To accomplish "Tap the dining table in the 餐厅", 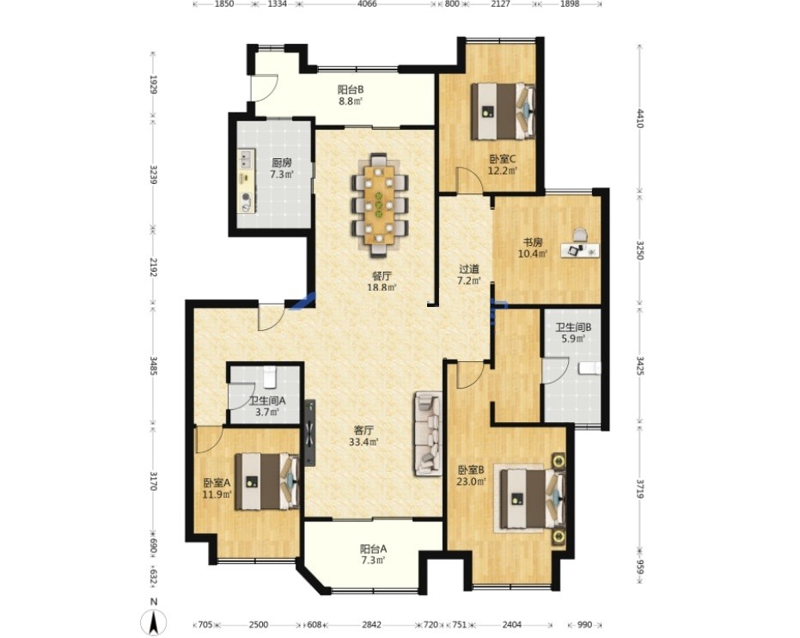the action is pos(379,205).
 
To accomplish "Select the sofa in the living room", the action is pos(428,433).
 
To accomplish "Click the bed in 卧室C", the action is pos(503,111).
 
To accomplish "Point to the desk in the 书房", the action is pos(580,250).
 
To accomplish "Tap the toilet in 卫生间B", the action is pos(590,368).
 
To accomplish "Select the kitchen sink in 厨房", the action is pos(246,157).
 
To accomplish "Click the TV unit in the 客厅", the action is pos(310,432).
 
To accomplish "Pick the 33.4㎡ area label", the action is pos(363,443).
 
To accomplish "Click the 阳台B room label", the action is pos(351,89).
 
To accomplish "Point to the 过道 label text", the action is pos(469,268).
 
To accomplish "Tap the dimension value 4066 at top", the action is pos(367,4).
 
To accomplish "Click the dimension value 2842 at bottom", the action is pos(371,625).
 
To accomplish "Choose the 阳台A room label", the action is pos(373,549).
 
